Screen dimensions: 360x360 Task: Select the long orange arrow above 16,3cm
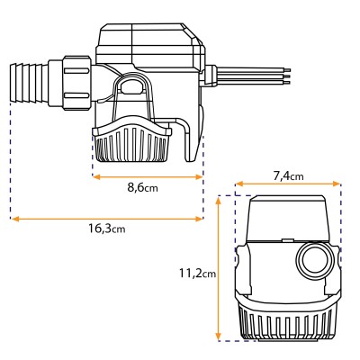pyautogui.click(x=106, y=217)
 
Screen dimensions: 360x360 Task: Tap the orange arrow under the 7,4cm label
pyautogui.click(x=288, y=187)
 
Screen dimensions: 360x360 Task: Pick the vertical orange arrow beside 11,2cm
pyautogui.click(x=220, y=270)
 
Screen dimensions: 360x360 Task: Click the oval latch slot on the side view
pyautogui.click(x=131, y=88)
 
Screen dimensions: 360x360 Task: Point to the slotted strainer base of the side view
pyautogui.click(x=131, y=144)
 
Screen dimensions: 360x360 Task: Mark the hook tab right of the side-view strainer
pyautogui.click(x=188, y=144)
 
